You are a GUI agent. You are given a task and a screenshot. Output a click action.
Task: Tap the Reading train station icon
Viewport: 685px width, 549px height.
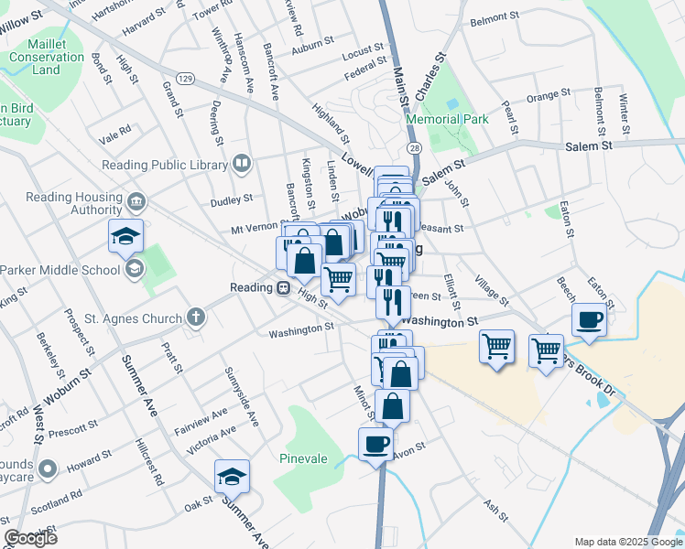click(x=284, y=288)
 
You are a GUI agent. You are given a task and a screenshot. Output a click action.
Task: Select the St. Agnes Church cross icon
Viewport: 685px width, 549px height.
click(x=194, y=318)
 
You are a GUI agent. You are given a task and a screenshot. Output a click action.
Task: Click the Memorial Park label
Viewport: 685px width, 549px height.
click(x=448, y=119)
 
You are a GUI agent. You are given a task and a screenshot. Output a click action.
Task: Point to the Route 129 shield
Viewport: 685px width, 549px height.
click(x=186, y=79)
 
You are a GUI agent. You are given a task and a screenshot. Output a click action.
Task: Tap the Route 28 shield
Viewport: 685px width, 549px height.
click(x=415, y=147)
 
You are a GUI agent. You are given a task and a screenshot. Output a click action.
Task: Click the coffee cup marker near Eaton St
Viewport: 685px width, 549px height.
click(x=588, y=319)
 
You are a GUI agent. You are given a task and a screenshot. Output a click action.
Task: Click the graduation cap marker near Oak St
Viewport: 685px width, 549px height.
click(x=232, y=476)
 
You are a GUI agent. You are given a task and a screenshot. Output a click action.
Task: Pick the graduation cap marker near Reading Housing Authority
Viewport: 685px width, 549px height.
click(x=126, y=236)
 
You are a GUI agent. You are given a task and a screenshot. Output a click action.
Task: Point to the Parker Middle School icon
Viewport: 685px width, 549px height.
click(x=135, y=268)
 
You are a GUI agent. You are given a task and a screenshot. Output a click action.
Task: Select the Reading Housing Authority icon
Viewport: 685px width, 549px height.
click(x=136, y=200)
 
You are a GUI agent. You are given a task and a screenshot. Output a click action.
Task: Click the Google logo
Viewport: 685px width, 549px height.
click(x=30, y=538)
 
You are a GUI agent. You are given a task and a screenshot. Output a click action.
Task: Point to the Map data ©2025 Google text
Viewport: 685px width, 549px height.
click(x=628, y=542)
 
